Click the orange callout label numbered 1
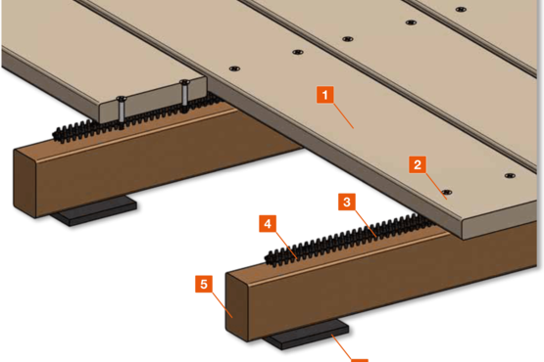[325, 95]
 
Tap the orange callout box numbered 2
[418, 164]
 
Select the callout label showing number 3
[347, 202]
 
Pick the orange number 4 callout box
[268, 223]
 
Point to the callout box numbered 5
[204, 284]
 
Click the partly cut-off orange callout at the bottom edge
[360, 361]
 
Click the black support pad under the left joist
[94, 210]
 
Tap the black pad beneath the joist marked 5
[306, 335]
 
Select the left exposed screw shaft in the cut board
[122, 111]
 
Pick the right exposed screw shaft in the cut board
[184, 94]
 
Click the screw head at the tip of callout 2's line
[447, 192]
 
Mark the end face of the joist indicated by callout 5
[236, 306]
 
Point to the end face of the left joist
[25, 184]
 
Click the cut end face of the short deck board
[153, 100]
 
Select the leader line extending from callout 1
[343, 115]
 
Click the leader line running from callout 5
[223, 305]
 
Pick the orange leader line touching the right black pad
[342, 347]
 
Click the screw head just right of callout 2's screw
[510, 176]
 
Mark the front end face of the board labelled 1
[500, 221]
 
